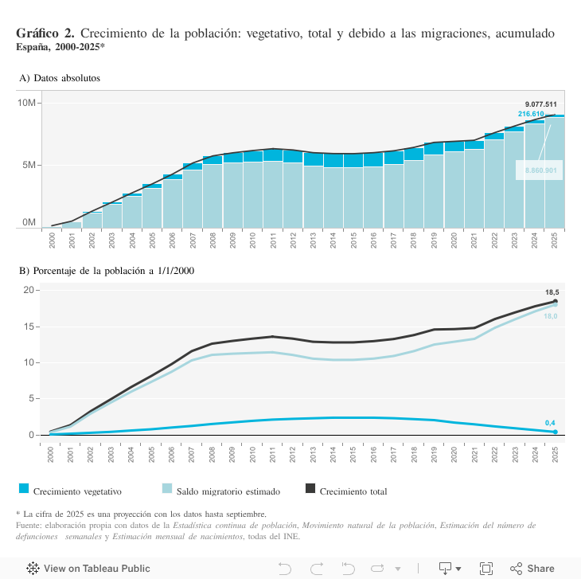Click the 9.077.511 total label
(540, 104)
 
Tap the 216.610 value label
(531, 114)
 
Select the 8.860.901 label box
(540, 170)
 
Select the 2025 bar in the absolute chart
(555, 172)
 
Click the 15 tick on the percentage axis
(29, 327)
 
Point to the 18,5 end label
(551, 293)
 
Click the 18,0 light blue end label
(550, 316)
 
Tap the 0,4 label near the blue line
(550, 422)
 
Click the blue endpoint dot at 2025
(555, 432)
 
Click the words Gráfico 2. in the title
(45, 33)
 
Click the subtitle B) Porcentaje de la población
(107, 271)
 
